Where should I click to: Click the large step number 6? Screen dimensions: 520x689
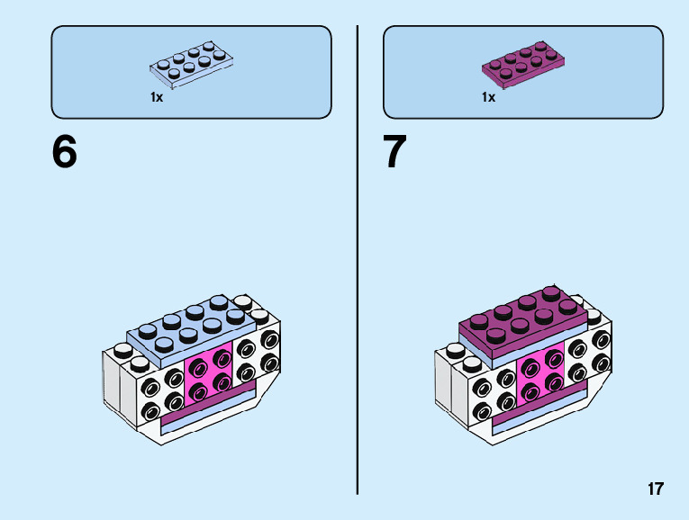pos(65,152)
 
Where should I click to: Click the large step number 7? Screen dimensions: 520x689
pos(395,152)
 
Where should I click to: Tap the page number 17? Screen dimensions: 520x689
pos(655,489)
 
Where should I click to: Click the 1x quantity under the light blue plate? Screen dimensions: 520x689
pos(157,97)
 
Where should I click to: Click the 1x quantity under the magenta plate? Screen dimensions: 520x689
pos(488,97)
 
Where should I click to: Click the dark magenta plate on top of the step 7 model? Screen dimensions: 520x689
pos(522,319)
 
